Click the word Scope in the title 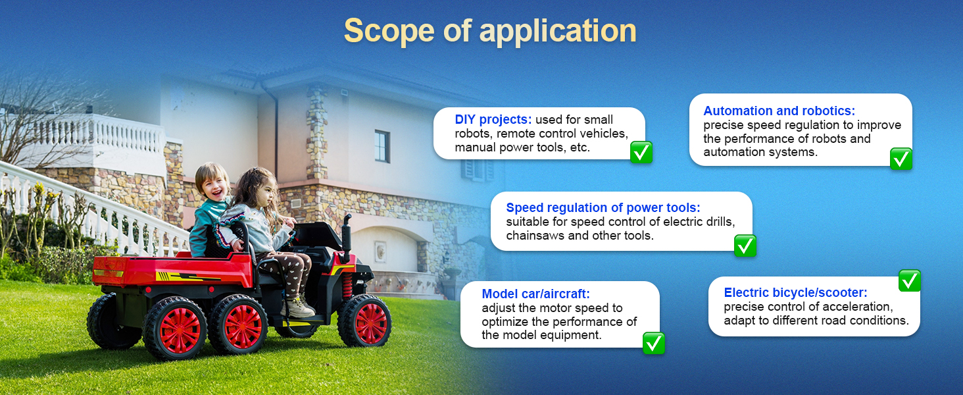[389, 30]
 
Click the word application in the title [558, 32]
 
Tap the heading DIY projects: [493, 119]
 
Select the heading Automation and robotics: [779, 111]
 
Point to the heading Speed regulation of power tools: [603, 207]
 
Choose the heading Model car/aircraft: [535, 294]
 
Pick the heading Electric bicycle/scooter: [795, 292]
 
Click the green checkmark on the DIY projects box [641, 152]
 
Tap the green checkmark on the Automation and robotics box [901, 159]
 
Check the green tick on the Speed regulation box [745, 246]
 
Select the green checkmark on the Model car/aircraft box [653, 343]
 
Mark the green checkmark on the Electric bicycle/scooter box [909, 280]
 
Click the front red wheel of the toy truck [365, 321]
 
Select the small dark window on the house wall [382, 146]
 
